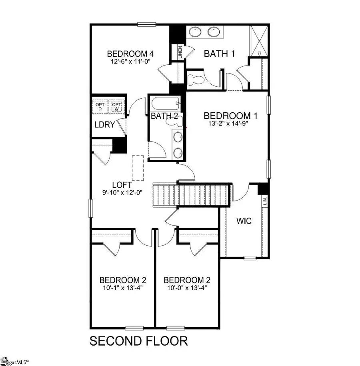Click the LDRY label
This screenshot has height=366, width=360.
click(x=105, y=125)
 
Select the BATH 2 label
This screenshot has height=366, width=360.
click(x=164, y=117)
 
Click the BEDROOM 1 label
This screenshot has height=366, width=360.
click(x=230, y=116)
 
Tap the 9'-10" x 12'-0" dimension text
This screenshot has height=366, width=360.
click(x=122, y=192)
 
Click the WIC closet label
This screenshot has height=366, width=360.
click(x=244, y=221)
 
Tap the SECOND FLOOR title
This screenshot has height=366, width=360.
click(x=138, y=341)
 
